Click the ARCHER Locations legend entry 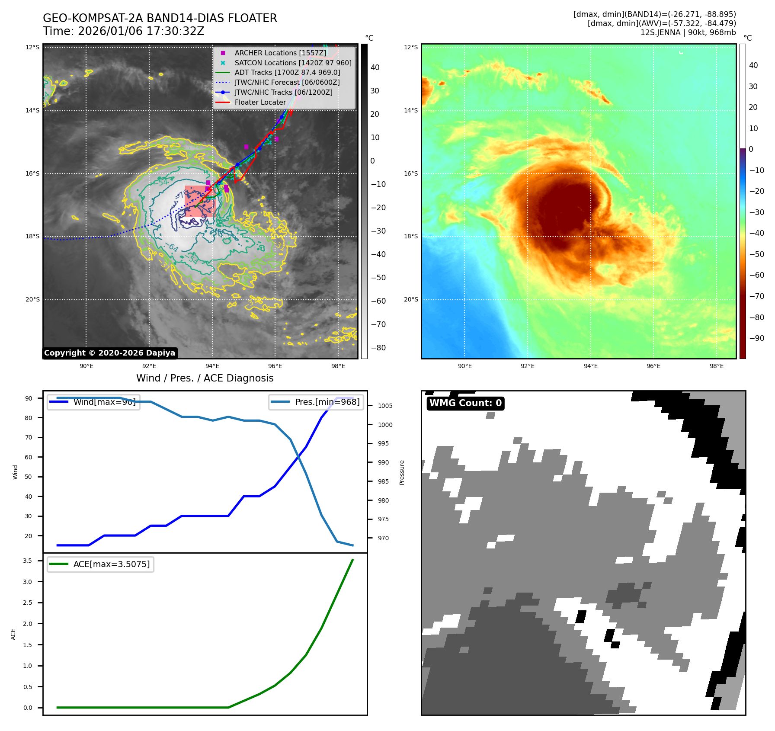point(280,53)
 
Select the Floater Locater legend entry point(260,102)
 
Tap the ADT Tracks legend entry point(287,73)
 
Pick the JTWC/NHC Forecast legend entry point(287,82)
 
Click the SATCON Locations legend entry point(293,63)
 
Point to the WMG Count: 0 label point(465,403)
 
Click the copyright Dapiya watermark point(109,353)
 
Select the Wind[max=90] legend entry point(104,402)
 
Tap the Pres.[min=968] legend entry point(327,402)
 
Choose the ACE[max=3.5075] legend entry point(111,564)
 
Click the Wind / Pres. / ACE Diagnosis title point(205,378)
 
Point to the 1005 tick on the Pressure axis point(385,406)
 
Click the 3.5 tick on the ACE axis point(28,561)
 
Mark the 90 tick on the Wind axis point(29,398)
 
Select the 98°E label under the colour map point(716,366)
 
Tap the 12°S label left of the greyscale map point(32,47)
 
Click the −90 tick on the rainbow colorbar point(756,338)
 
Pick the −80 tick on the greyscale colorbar point(378,348)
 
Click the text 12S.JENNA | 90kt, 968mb point(688,32)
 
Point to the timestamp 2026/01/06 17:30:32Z point(141,31)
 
